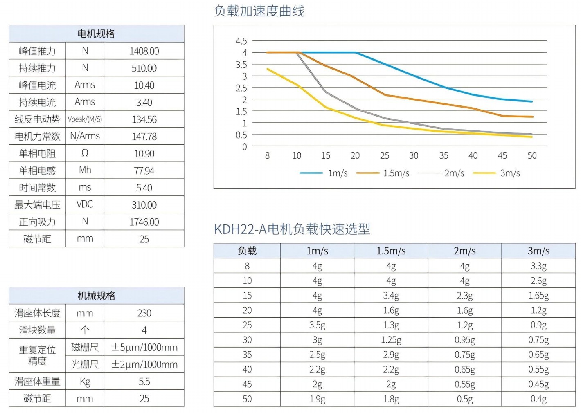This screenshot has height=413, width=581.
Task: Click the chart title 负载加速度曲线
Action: tap(259, 11)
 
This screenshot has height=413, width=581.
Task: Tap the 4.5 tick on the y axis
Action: tap(241, 41)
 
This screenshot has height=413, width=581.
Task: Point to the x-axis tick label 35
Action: tap(444, 156)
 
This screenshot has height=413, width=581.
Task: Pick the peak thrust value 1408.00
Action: tap(144, 51)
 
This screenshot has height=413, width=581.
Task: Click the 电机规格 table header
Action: tap(96, 34)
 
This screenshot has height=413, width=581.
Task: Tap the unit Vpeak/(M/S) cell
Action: tap(85, 119)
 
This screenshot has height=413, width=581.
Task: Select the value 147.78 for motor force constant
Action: tap(144, 137)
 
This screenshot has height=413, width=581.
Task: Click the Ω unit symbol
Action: tap(85, 153)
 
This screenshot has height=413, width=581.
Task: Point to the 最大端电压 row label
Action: tap(37, 205)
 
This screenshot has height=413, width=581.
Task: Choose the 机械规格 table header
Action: tap(96, 296)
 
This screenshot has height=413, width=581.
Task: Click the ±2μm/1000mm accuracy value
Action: tap(144, 364)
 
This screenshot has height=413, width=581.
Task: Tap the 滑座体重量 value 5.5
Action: tap(144, 382)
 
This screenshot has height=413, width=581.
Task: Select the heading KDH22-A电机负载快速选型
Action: tap(292, 229)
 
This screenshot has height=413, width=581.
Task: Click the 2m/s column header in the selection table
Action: tap(464, 251)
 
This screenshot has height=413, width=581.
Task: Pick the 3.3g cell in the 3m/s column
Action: tap(538, 266)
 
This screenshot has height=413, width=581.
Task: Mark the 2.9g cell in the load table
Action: tap(391, 355)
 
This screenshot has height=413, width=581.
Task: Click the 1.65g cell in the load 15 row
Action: tap(538, 296)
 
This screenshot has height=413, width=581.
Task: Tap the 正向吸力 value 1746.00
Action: tap(144, 222)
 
